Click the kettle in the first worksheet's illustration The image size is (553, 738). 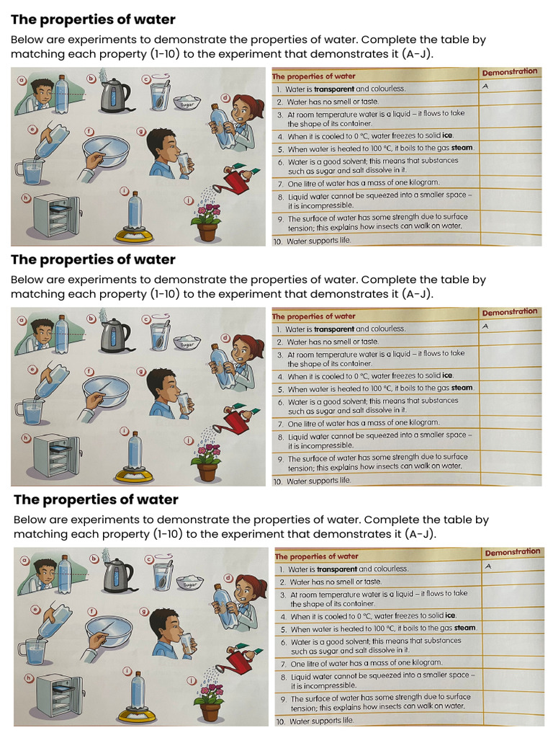point(112,95)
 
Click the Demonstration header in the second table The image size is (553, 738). point(509,312)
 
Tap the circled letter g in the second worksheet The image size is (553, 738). point(141,371)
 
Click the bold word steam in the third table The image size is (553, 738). point(464,628)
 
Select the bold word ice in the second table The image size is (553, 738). point(447,375)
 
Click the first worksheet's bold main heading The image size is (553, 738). point(93,19)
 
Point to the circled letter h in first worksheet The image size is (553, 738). point(27,197)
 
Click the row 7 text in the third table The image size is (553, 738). point(366,663)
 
